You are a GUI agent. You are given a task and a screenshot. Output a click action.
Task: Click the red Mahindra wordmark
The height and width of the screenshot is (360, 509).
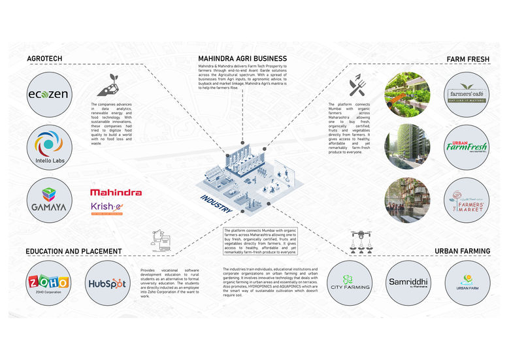click(116, 193)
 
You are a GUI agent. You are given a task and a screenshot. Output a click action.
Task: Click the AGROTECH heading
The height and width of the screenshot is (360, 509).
click(45, 59)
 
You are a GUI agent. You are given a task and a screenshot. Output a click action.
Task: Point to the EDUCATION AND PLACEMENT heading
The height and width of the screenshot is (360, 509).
click(74, 251)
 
